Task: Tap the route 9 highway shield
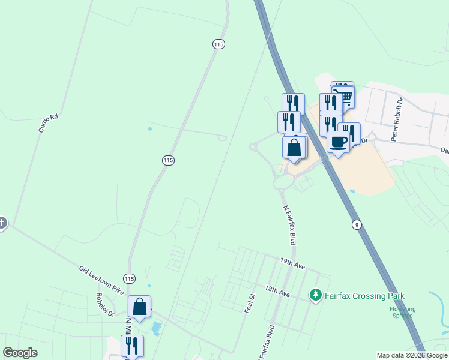point(357,224)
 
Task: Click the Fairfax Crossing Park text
point(364,296)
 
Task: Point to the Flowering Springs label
point(402,312)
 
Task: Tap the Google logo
point(20,353)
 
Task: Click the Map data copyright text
point(412,355)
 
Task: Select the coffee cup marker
point(339,142)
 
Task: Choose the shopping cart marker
point(343,95)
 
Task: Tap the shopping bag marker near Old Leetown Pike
point(139,307)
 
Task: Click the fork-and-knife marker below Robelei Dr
point(132,346)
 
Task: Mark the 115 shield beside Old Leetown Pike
point(130,279)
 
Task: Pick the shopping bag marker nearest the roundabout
point(294,148)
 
